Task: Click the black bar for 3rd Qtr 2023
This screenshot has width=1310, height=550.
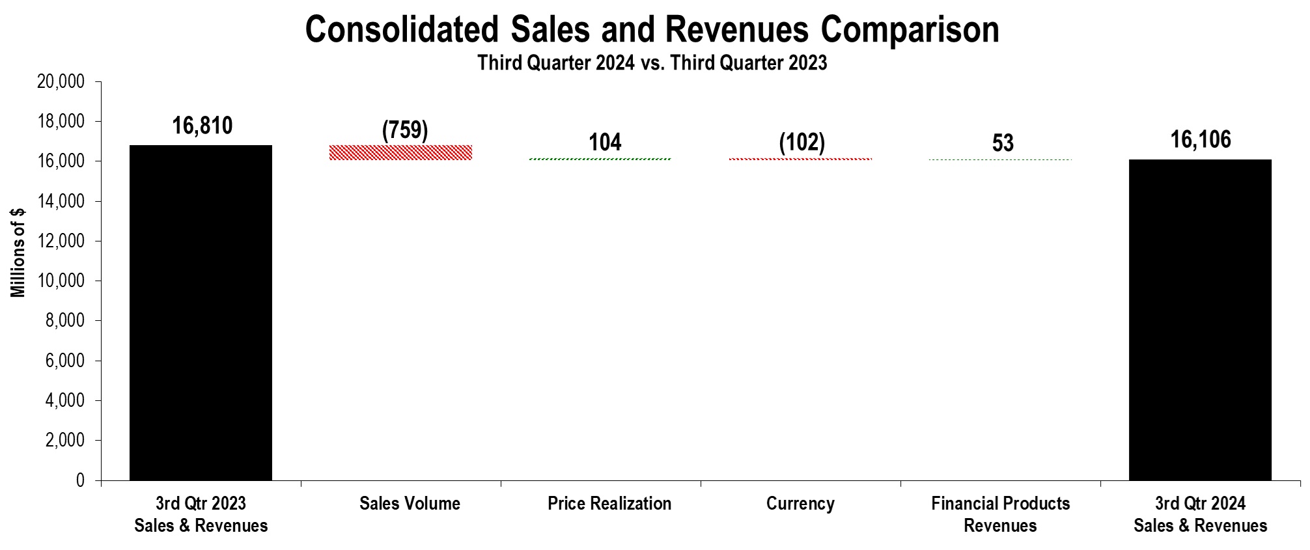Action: (x=201, y=312)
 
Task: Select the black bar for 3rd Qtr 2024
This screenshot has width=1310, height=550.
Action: (x=1200, y=320)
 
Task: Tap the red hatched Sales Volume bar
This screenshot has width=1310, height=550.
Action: (x=400, y=152)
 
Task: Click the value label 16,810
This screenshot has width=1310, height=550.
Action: (x=202, y=126)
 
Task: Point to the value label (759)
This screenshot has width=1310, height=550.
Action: (x=405, y=130)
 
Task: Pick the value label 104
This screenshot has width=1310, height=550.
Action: (x=605, y=142)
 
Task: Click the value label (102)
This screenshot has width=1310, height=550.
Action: (x=801, y=142)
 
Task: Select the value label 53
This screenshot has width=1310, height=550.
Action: (x=1003, y=143)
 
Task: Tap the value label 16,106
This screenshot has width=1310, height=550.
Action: (x=1201, y=139)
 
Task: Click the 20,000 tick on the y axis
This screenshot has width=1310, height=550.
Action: (x=63, y=82)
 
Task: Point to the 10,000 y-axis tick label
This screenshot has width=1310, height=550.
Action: (x=63, y=281)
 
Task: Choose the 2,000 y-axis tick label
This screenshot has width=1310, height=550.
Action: (x=66, y=441)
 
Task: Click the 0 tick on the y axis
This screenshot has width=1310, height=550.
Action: (x=80, y=480)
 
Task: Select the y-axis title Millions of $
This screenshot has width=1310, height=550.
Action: (x=18, y=253)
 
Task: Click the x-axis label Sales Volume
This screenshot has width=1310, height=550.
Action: (x=410, y=504)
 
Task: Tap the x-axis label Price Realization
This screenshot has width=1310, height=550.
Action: (x=609, y=504)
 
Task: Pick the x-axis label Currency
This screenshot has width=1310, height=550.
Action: (x=800, y=504)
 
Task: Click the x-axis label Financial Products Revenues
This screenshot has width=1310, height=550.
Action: (x=1000, y=514)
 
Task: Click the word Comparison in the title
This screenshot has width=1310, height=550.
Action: (x=909, y=30)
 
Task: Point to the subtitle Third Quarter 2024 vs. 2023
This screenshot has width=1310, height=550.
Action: (x=652, y=63)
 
